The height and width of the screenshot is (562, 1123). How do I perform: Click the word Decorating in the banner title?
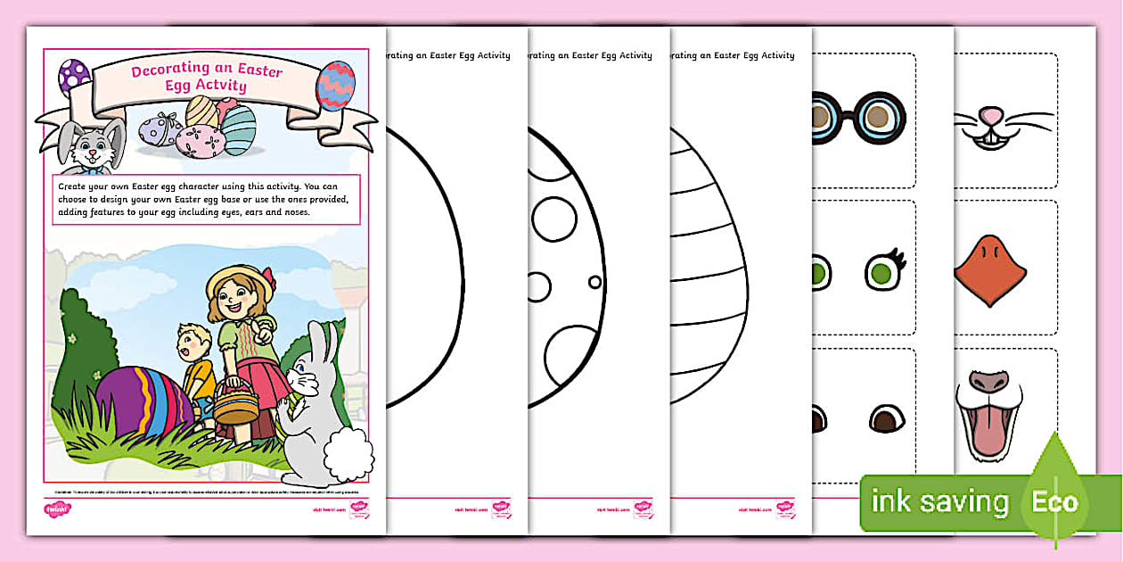tap(164, 70)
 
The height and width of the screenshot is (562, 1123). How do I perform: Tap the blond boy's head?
tap(193, 341)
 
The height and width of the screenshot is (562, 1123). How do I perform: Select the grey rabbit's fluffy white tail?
tap(348, 455)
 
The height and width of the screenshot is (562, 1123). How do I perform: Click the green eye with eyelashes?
tap(883, 271)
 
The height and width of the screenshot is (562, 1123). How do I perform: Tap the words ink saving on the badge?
tap(939, 501)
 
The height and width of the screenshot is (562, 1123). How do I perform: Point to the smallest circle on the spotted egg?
tap(594, 282)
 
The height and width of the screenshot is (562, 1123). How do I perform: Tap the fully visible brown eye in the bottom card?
tap(886, 417)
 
